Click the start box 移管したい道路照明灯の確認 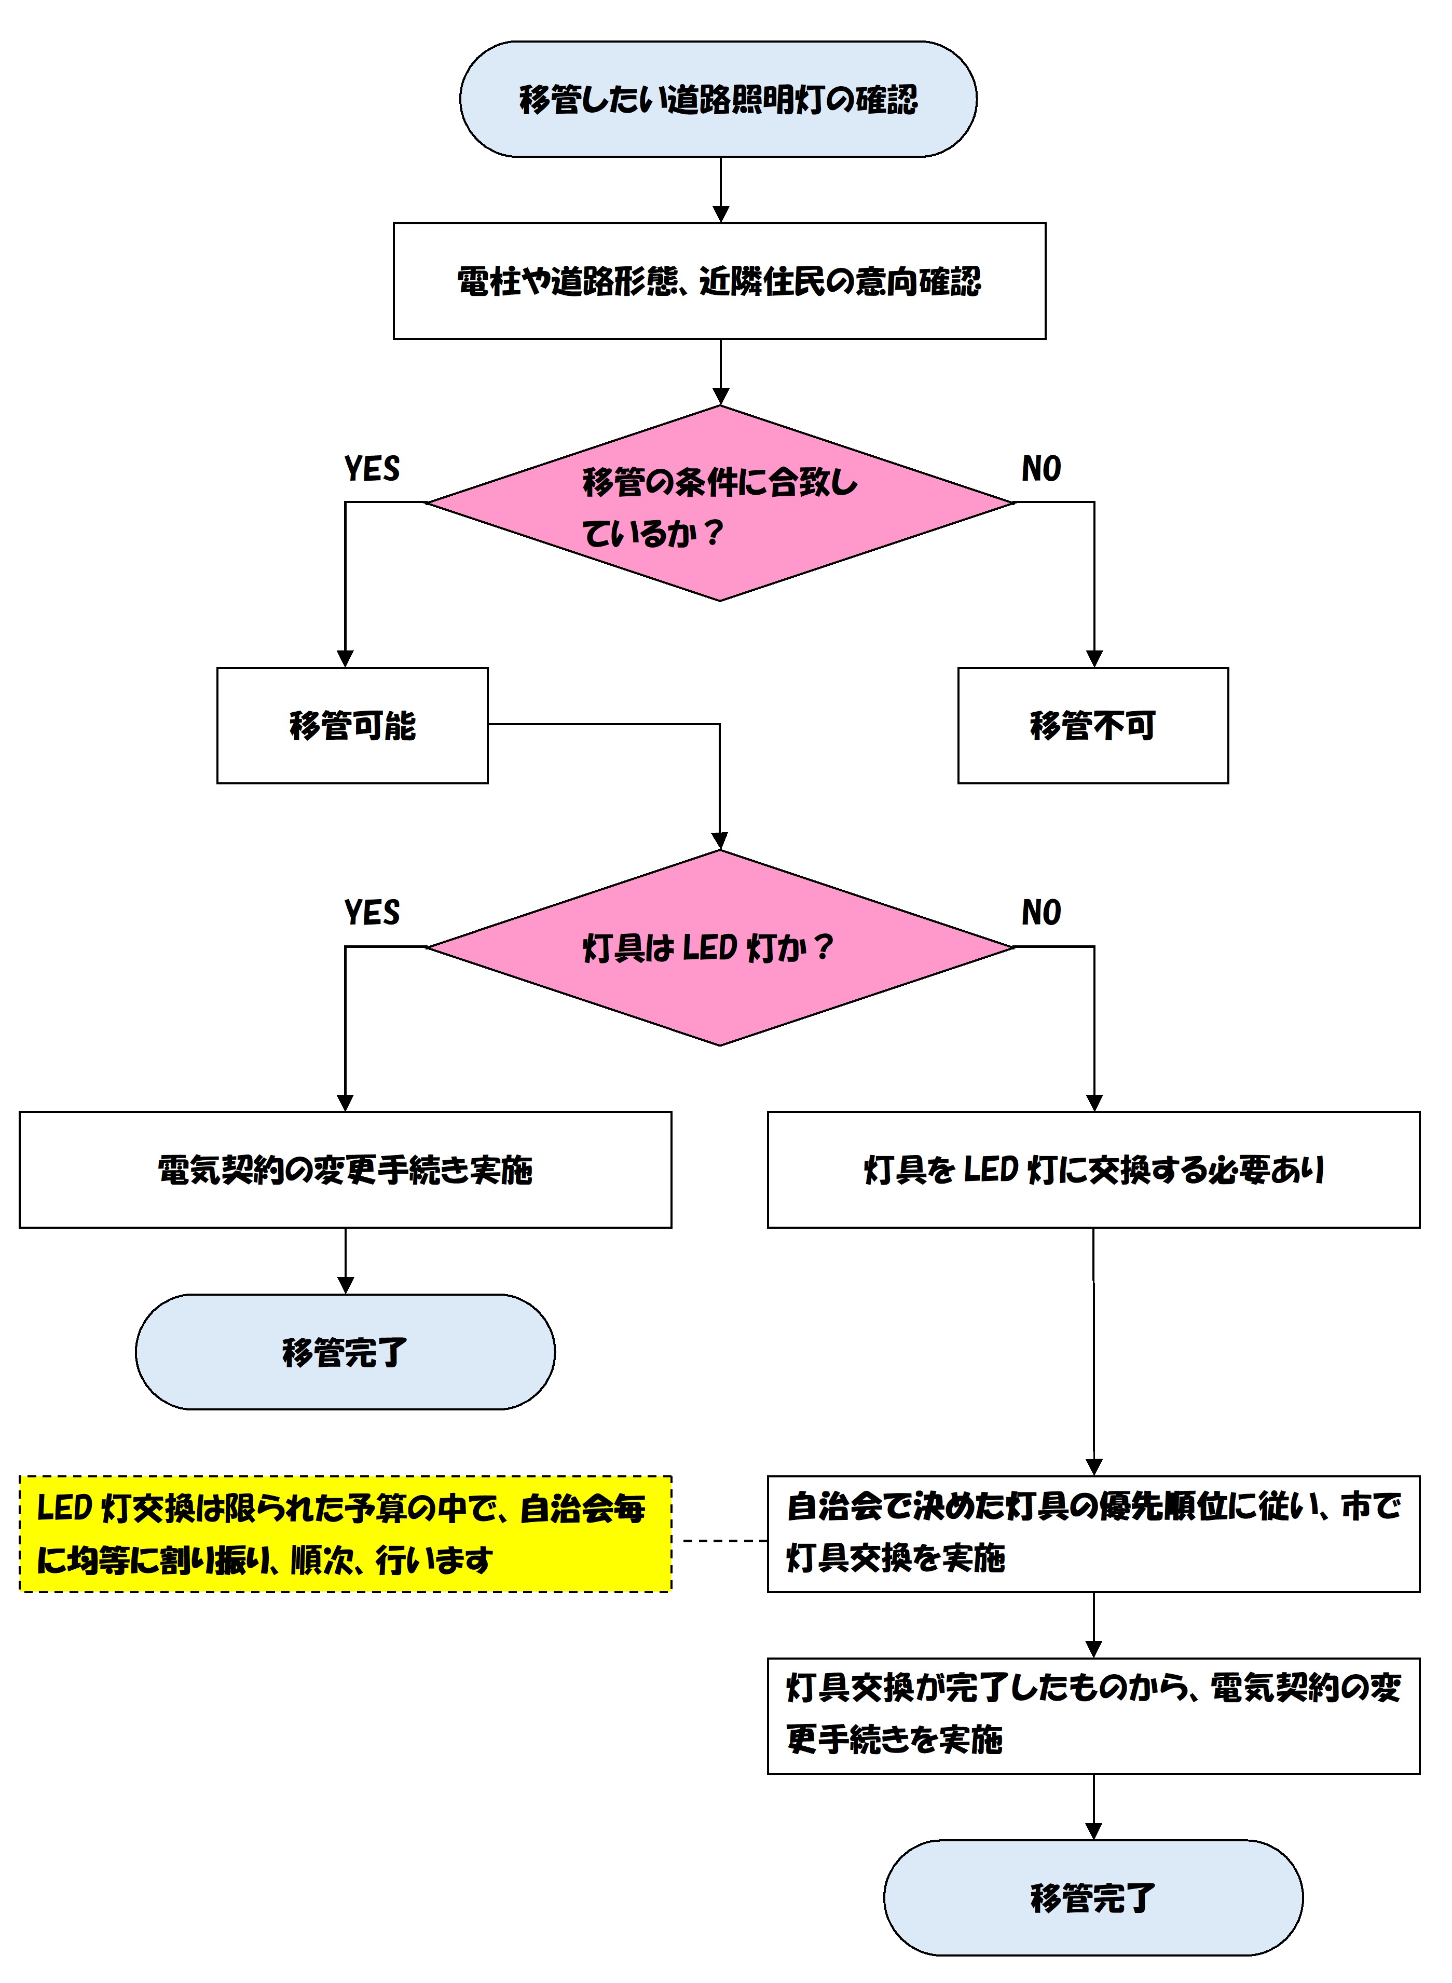[x=718, y=99]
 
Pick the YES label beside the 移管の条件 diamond [x=372, y=469]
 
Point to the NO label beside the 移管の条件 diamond [x=1042, y=469]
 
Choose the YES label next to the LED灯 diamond [x=372, y=913]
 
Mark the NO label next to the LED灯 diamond [x=1042, y=913]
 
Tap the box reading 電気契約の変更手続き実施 [x=346, y=1170]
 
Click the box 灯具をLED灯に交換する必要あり [x=1093, y=1170]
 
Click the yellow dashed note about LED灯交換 [x=346, y=1534]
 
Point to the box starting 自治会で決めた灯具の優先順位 [x=1093, y=1534]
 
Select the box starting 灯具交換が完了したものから [x=1093, y=1716]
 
